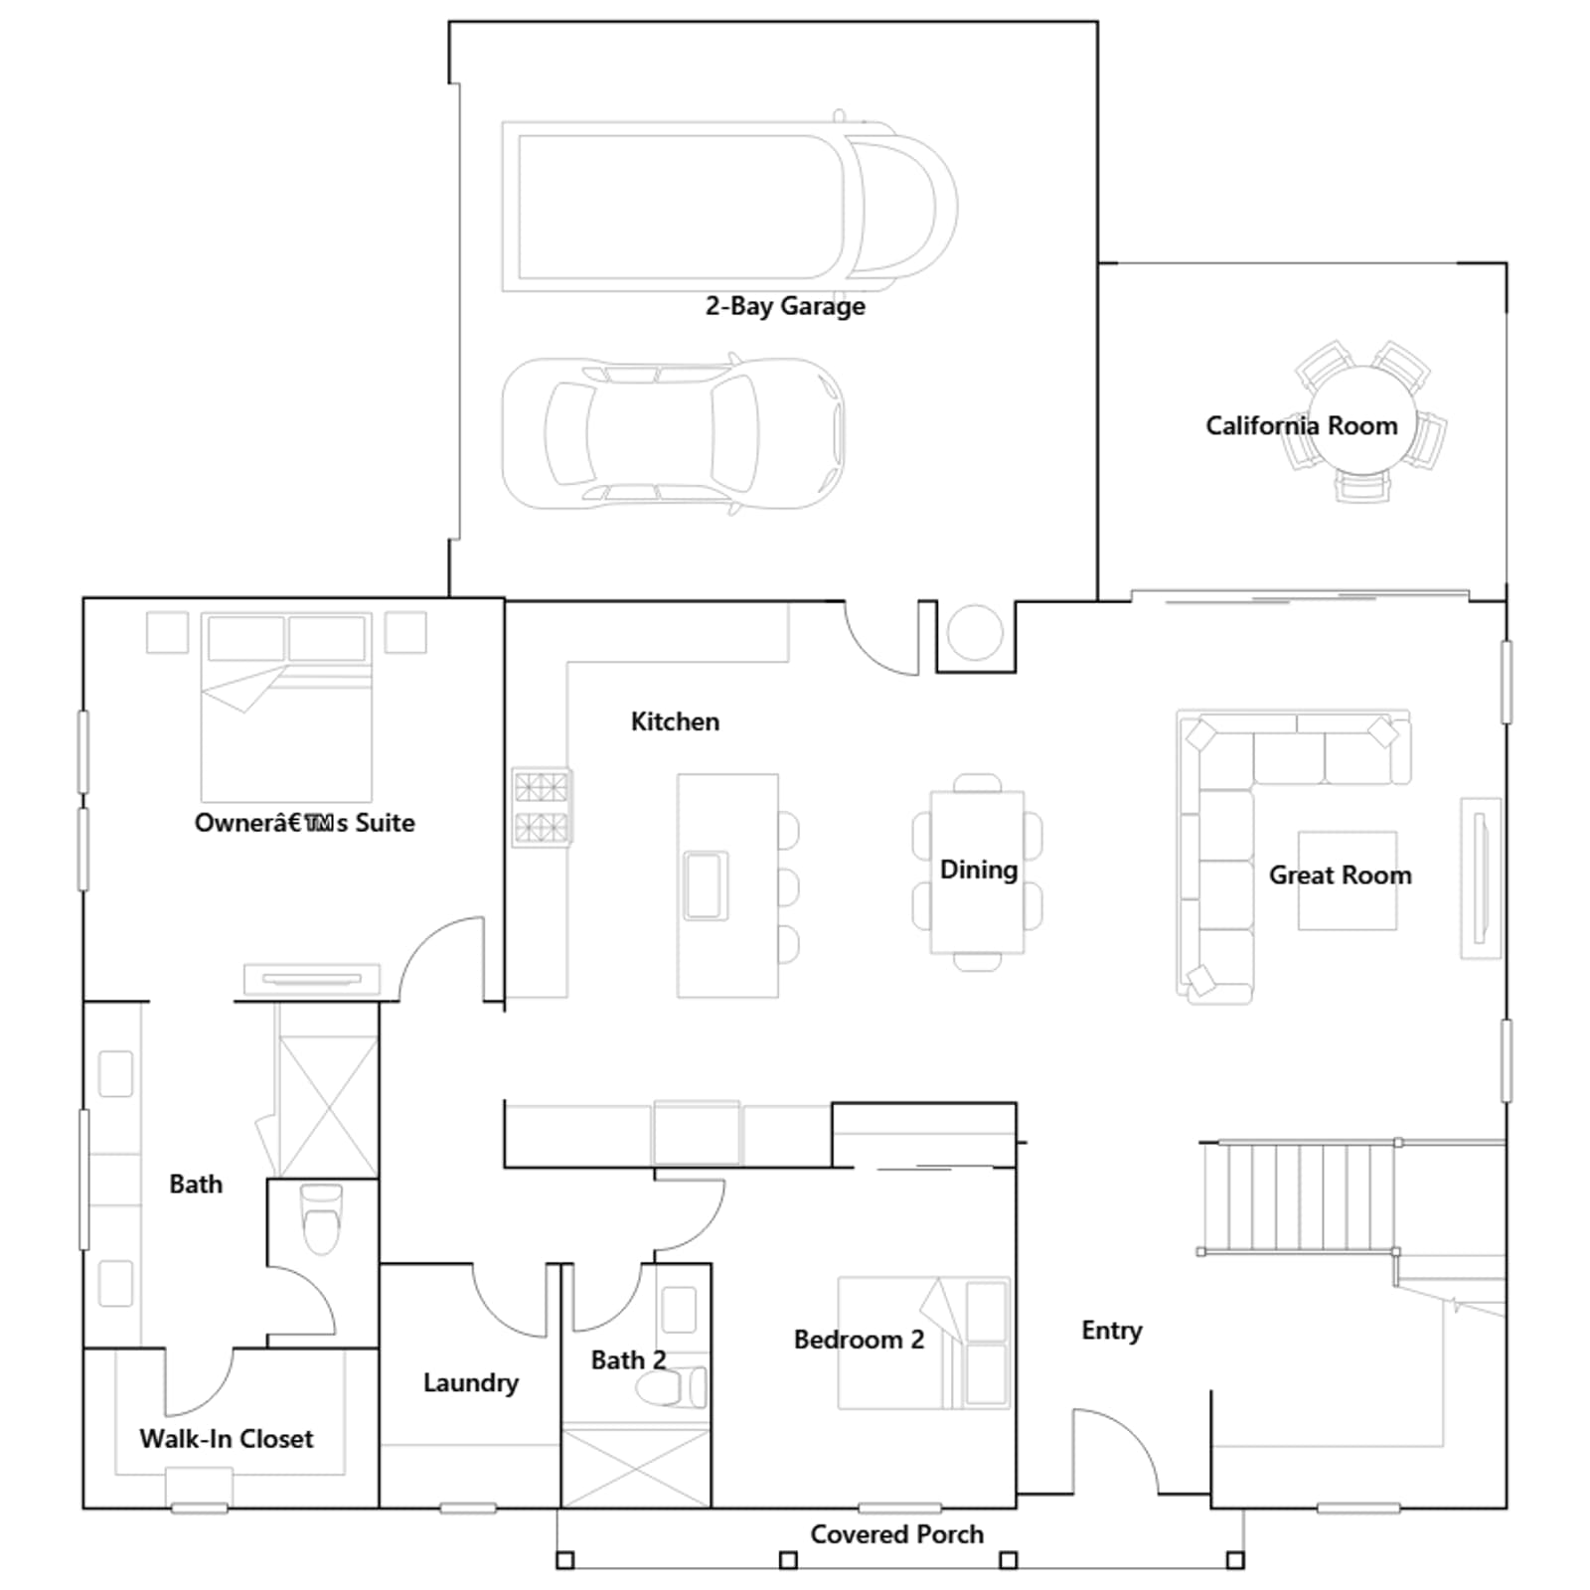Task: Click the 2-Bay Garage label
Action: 785,306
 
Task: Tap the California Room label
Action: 1301,425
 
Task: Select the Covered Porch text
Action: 896,1534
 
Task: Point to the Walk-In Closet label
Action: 227,1438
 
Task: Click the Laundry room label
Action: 471,1383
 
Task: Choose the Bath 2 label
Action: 628,1359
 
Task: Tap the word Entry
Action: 1112,1331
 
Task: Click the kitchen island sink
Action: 706,885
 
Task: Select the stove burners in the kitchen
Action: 542,807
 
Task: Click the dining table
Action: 977,872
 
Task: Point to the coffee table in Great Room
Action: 1347,880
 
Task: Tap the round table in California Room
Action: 1362,420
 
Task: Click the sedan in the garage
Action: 674,434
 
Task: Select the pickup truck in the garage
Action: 729,206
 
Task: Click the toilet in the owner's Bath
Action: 321,1219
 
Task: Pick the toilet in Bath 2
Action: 672,1387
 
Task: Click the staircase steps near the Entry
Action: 1299,1195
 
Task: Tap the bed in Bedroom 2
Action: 924,1343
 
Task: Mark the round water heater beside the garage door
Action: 975,632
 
